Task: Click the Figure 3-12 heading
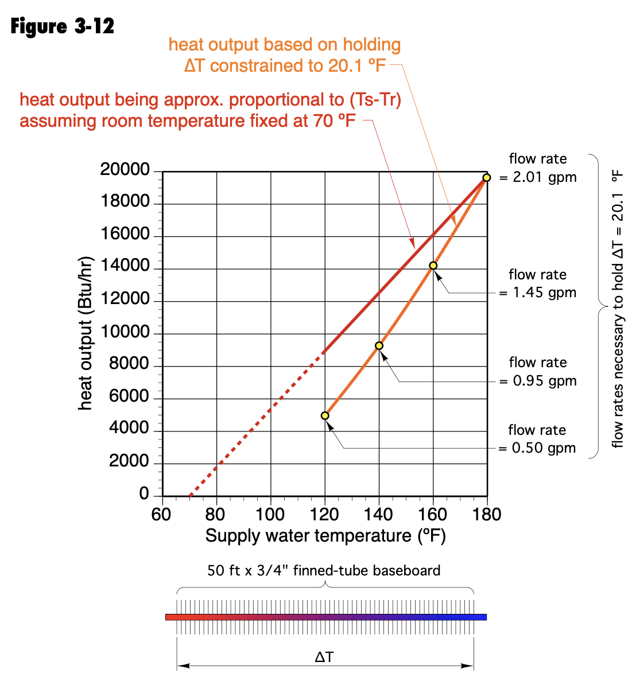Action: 63,26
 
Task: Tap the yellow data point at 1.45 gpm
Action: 433,266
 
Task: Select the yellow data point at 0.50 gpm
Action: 325,415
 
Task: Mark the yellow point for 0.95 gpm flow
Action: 379,345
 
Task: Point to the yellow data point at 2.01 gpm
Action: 487,178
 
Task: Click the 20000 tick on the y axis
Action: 125,170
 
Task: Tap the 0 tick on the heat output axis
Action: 144,494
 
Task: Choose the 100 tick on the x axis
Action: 270,515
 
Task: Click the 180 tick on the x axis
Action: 487,515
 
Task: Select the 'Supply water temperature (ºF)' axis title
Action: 325,536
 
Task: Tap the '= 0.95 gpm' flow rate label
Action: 538,381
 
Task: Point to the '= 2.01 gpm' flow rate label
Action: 538,177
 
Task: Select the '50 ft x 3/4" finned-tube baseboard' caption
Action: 324,571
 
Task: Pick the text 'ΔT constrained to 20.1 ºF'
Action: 285,66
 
